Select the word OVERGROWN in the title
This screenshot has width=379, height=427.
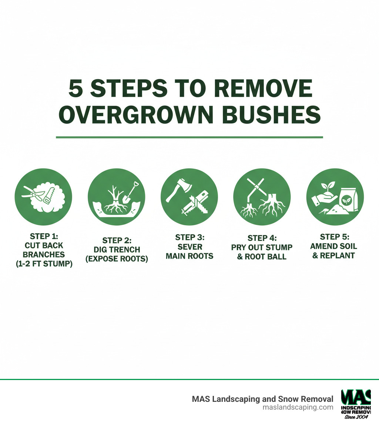click(138, 115)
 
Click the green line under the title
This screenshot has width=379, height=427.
click(189, 137)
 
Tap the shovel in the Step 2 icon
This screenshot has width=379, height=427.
click(130, 193)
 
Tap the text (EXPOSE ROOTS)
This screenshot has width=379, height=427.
click(117, 259)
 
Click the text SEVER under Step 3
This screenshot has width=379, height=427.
click(189, 246)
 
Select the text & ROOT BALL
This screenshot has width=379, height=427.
click(262, 256)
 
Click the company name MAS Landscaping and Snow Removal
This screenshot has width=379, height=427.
click(262, 399)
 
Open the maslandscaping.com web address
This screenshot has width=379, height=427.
click(298, 407)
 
